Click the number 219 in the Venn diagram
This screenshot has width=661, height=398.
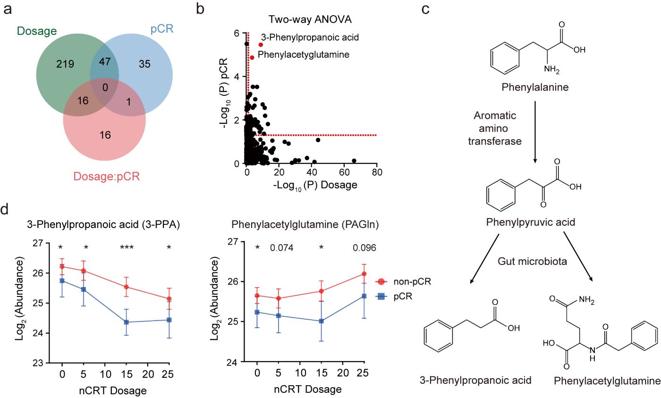coord(65,63)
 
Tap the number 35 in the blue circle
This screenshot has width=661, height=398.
coord(144,64)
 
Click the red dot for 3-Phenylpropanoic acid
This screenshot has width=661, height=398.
coord(261,44)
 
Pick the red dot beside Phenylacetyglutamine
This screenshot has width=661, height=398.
coord(252,58)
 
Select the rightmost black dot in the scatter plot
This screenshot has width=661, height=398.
coord(354,161)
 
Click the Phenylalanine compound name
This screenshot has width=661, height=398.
coord(535,88)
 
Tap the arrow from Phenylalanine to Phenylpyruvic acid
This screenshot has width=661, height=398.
coord(534,137)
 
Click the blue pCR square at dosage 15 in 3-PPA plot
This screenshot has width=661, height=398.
coord(126,322)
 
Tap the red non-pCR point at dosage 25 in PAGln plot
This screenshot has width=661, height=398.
coord(363,274)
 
